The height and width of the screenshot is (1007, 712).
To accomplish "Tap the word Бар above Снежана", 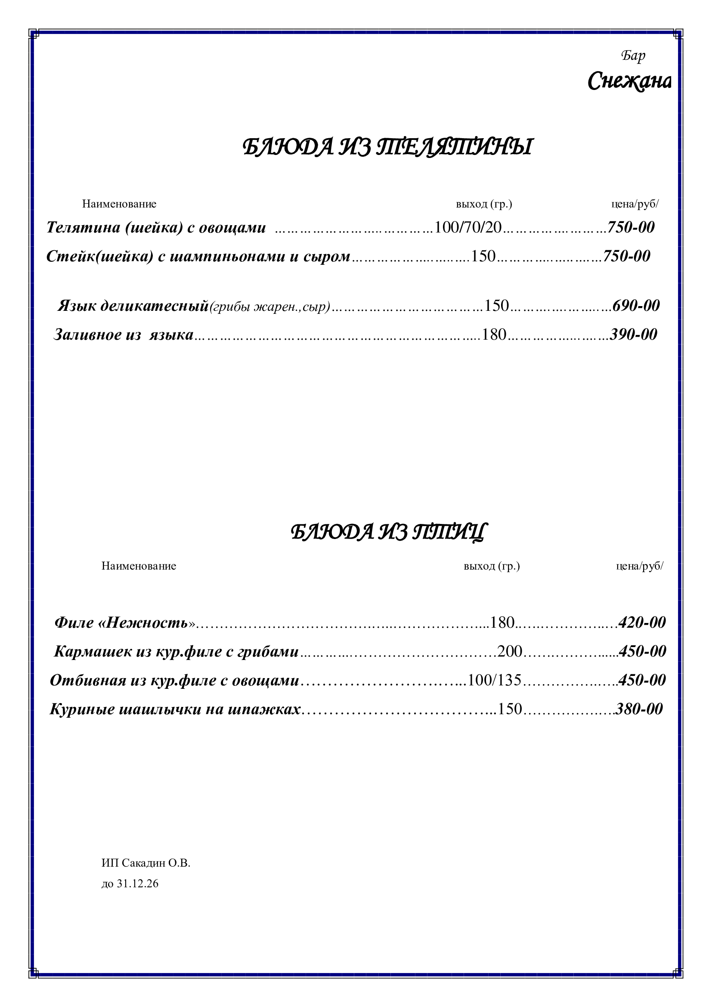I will pos(633,56).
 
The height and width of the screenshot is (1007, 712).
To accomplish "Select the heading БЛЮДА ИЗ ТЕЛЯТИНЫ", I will pos(387,147).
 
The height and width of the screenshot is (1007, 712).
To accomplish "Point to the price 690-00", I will pos(636,306).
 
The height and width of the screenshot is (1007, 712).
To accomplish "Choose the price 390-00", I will pos(634,335).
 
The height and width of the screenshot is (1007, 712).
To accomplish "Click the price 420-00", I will pos(642,623).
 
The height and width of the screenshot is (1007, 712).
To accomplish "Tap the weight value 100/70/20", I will pos(467,227).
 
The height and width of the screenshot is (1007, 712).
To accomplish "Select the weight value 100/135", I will pos(495,680).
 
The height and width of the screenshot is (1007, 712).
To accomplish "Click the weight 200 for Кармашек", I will pos(509,652).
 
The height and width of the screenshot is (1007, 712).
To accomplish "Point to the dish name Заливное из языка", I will pos(123,335).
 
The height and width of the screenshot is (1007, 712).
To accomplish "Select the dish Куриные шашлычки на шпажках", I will pos(175,709).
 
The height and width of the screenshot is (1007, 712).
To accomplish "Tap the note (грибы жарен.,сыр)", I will pos(269,307).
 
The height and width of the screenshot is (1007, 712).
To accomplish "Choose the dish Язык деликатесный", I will pos(133,306).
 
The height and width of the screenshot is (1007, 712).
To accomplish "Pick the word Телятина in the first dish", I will pos(84,227).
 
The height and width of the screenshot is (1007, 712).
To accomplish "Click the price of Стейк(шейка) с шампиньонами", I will pos(626,256).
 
